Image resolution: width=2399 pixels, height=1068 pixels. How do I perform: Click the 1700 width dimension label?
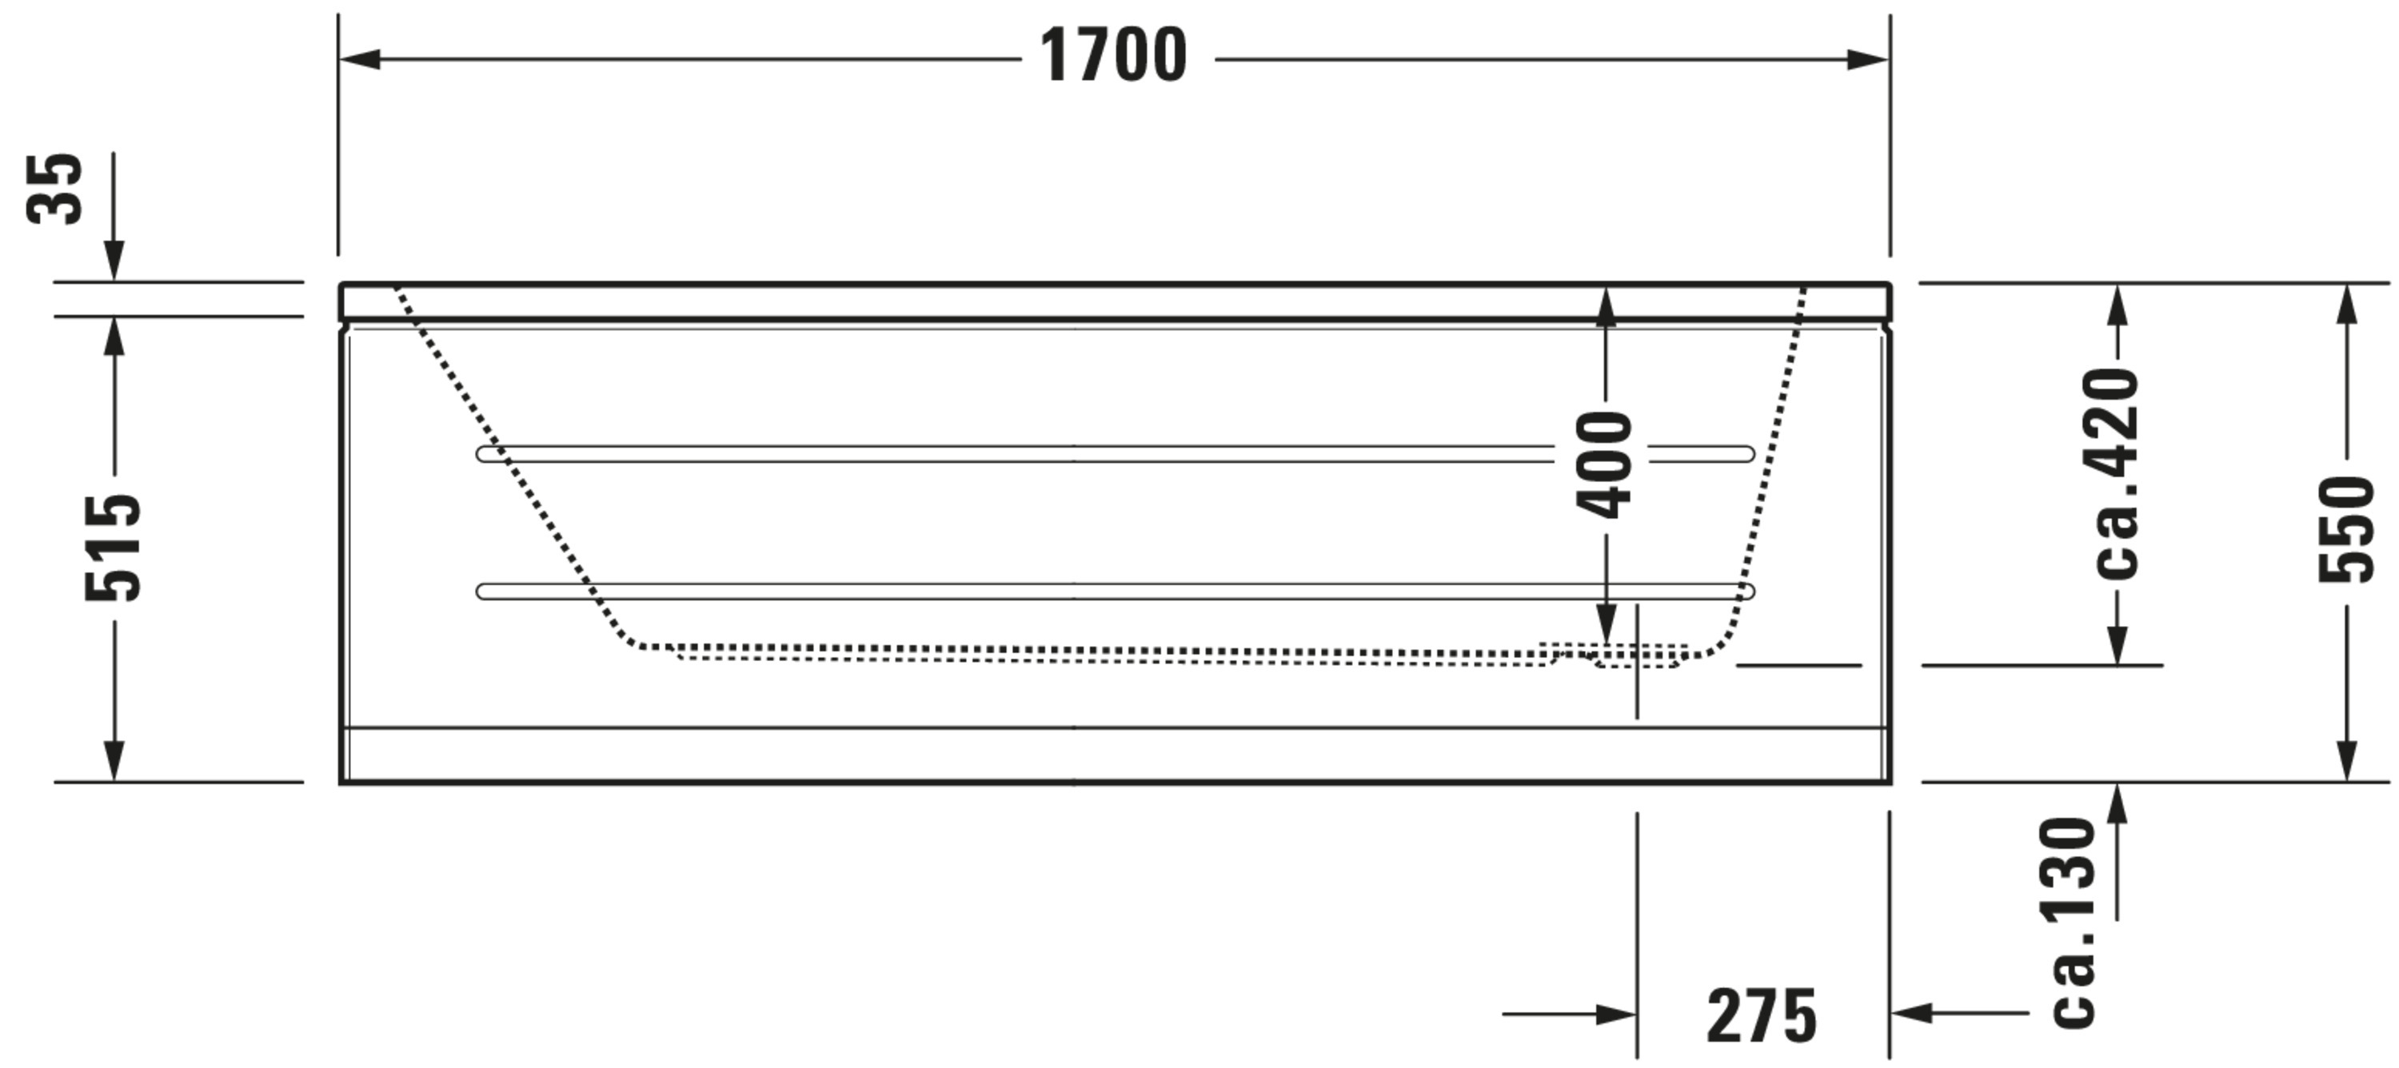click(x=1113, y=55)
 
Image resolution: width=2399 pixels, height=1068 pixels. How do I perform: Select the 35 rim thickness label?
click(x=55, y=188)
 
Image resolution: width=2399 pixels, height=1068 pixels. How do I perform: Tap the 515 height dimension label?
click(x=114, y=548)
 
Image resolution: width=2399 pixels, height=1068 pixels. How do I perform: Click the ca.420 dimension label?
click(x=2117, y=473)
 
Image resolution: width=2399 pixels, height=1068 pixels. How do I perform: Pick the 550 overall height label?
click(x=2347, y=529)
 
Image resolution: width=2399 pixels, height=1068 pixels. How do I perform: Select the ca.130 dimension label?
click(x=2074, y=923)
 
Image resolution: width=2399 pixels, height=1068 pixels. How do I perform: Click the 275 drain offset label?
click(x=1761, y=1016)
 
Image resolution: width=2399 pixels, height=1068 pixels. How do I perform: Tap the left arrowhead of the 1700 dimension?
click(x=361, y=60)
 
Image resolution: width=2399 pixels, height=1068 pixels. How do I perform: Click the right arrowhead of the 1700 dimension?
click(x=1867, y=60)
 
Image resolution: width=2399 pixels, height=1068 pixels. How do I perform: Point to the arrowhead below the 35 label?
click(x=114, y=260)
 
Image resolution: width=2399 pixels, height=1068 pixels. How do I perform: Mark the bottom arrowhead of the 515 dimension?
click(x=114, y=761)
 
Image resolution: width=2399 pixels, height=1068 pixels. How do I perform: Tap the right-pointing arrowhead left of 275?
click(x=1616, y=1014)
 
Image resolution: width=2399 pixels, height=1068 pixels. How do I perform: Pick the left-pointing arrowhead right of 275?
click(x=1912, y=1012)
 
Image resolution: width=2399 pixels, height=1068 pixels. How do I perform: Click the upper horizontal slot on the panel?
click(x=1115, y=453)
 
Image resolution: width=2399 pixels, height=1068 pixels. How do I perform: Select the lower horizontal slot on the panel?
click(x=1115, y=592)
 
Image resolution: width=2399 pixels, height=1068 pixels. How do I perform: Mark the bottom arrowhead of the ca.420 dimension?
click(x=2117, y=644)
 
